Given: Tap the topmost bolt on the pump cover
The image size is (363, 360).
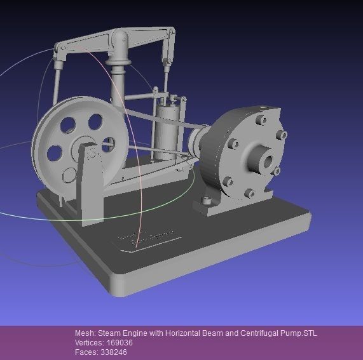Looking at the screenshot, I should coord(261,119).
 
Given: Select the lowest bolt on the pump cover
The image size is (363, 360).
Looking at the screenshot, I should coord(249,192).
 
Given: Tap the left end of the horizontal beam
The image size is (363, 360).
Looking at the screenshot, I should coord(61,48).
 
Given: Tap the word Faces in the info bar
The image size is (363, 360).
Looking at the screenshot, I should coord(86,352).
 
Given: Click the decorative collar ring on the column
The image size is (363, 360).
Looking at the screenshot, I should coord(121,63).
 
